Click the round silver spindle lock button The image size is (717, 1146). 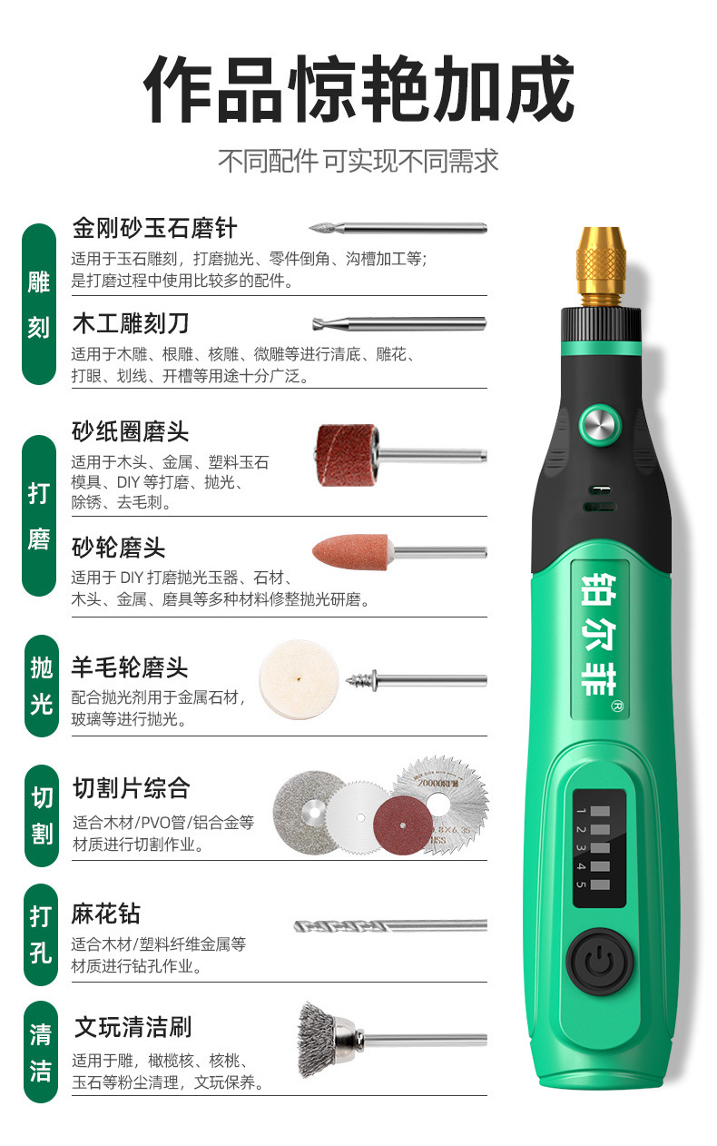coord(599,425)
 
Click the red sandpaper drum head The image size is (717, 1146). coord(348,454)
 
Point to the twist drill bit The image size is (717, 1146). coord(390,926)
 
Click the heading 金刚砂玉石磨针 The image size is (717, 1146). coord(153,227)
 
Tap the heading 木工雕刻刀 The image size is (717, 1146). coord(130,323)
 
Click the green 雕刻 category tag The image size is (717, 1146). coord(39,304)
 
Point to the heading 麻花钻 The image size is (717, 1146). coord(106,914)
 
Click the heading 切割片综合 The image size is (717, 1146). coord(131,787)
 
